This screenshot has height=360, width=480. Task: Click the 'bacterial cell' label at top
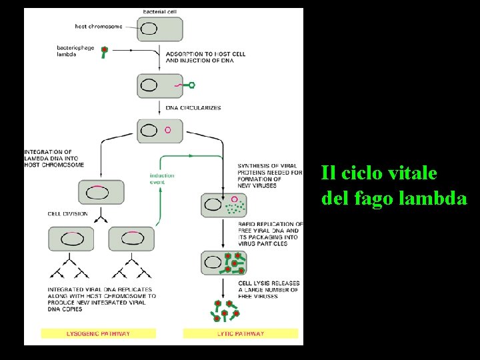160,12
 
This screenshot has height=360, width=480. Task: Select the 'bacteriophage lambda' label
75,51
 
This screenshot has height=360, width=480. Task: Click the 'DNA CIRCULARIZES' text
193,107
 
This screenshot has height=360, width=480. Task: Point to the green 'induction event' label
162,179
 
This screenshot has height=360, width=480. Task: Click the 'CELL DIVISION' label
67,214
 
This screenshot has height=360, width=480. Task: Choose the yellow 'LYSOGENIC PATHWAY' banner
98,333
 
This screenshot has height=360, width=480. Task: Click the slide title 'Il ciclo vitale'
379,173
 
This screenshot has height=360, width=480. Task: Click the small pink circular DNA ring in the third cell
167,130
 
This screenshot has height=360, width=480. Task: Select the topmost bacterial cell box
160,29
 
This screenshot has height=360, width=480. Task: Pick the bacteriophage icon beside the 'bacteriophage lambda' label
104,51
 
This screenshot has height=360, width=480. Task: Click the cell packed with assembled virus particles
224,263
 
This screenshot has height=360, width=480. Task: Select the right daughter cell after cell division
131,239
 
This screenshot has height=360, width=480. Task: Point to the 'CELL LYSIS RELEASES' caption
269,283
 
